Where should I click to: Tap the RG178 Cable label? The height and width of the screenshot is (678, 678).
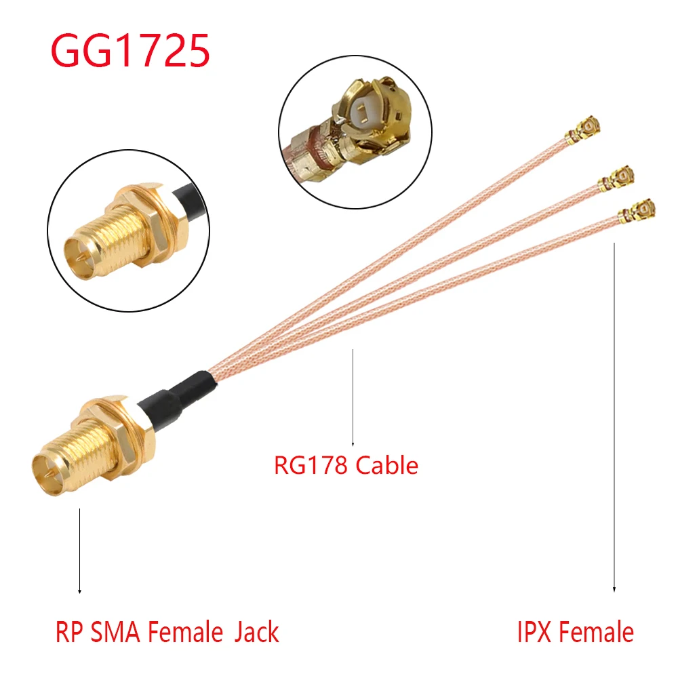346,465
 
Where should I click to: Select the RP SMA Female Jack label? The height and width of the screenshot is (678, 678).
167,633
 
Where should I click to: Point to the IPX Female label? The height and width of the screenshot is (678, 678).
575,633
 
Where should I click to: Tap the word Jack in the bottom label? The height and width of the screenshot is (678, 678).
256,633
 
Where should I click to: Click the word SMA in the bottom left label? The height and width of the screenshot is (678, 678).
117,633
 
